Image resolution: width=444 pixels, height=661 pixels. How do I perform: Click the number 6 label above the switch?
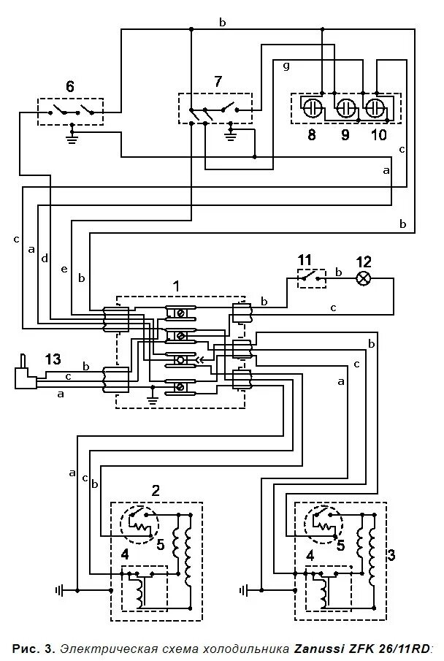(x=70, y=86)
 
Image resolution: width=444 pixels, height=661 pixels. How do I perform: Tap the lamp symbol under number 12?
(x=363, y=278)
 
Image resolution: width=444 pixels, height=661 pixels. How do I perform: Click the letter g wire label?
(x=286, y=66)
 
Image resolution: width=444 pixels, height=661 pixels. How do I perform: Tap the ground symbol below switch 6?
(x=72, y=135)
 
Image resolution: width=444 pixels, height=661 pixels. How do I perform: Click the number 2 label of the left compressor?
(x=156, y=489)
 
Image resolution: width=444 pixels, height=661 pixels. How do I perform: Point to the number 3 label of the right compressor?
(x=391, y=554)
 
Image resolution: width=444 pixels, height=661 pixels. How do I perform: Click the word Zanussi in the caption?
(x=316, y=647)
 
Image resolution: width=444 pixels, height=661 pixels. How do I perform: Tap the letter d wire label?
(x=45, y=259)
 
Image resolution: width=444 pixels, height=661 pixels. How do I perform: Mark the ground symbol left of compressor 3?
(x=245, y=589)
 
